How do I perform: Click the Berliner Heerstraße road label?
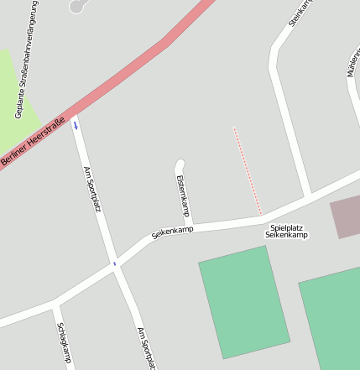tap(33, 140)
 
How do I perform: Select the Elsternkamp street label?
tap(182, 195)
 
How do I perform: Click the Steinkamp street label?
tap(300, 13)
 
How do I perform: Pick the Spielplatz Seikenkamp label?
tap(287, 232)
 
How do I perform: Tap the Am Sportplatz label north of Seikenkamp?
tap(91, 189)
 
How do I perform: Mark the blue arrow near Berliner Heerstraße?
tap(76, 126)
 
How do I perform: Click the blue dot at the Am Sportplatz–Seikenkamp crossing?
tap(114, 263)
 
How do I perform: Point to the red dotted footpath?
tap(247, 170)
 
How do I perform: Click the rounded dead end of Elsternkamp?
tap(179, 164)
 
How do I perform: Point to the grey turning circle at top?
tap(77, 6)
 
